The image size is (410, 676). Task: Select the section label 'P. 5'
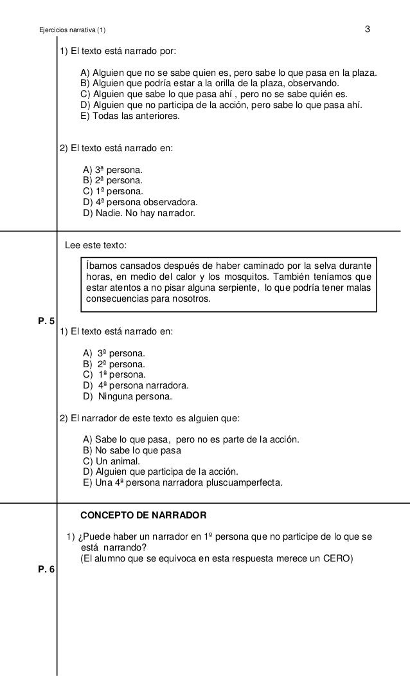point(47,320)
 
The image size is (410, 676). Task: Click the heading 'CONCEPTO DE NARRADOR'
point(143,515)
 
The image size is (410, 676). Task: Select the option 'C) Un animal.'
point(111,461)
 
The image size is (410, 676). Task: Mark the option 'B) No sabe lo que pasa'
point(129,450)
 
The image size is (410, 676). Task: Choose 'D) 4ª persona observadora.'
point(136,201)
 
